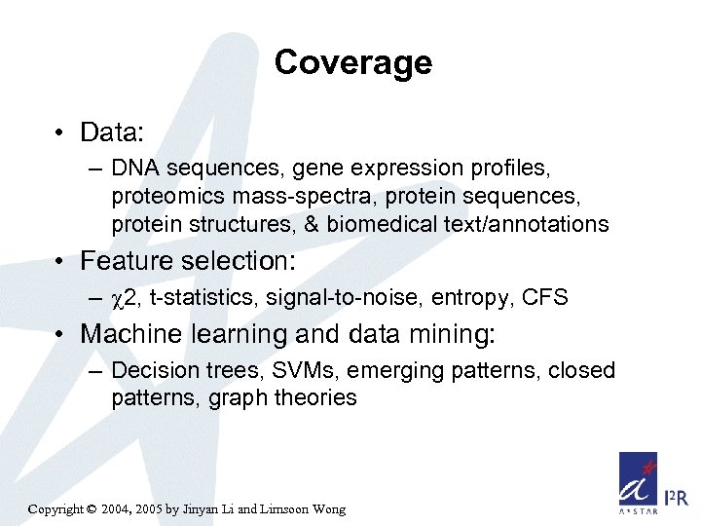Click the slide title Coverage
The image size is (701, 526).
click(352, 62)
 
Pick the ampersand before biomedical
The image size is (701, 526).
click(313, 225)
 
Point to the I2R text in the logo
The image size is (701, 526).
click(675, 497)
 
